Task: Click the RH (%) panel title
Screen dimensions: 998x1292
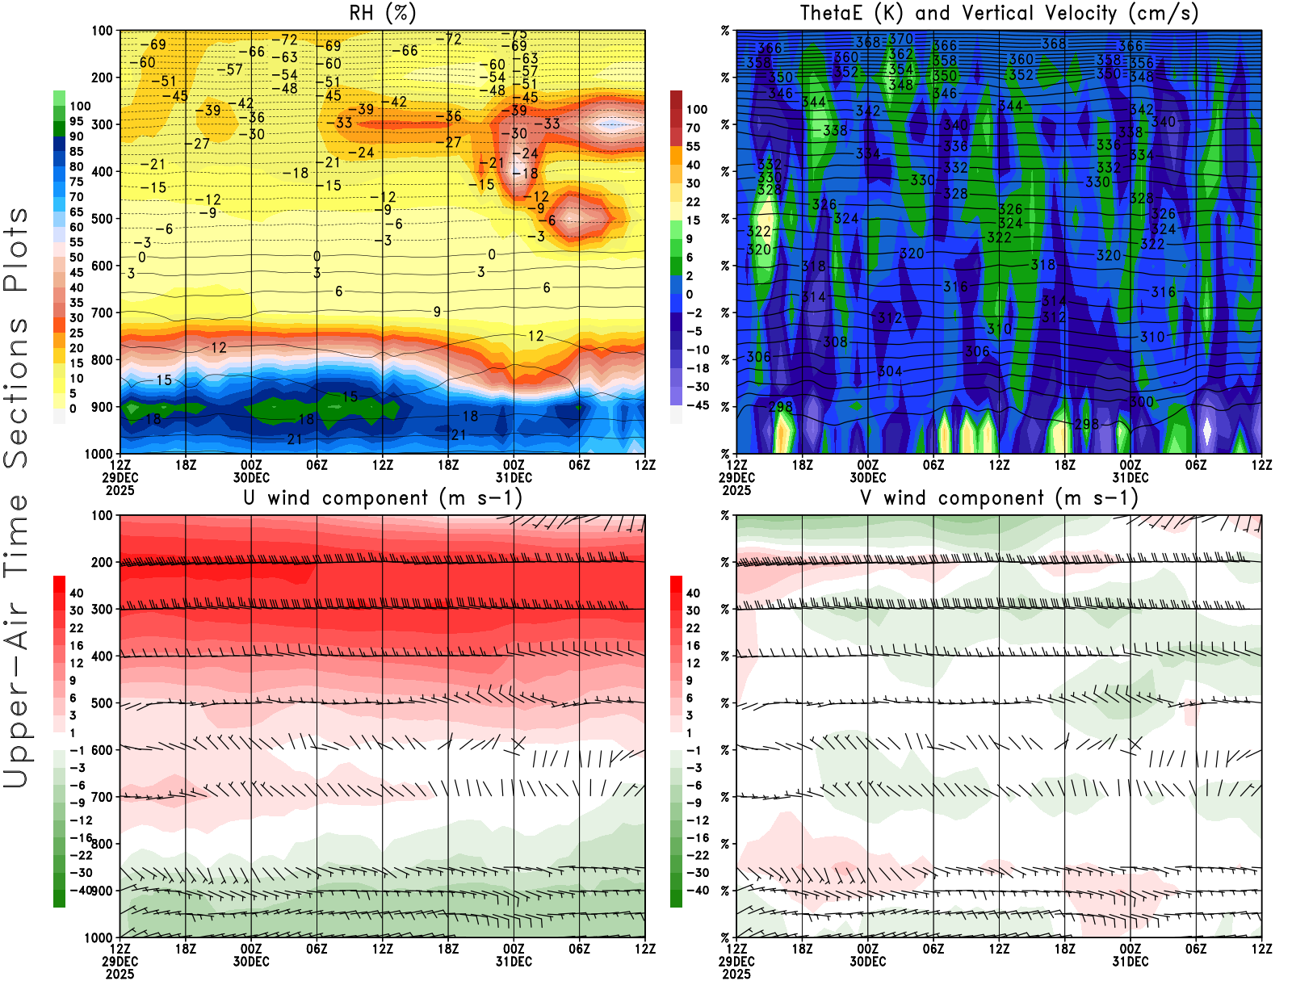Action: (383, 14)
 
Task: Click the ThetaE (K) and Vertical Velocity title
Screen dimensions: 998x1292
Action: (999, 14)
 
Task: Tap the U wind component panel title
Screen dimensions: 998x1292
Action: (383, 497)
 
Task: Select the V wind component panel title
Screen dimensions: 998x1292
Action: (999, 497)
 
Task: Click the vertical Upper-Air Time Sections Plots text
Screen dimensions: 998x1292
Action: (16, 497)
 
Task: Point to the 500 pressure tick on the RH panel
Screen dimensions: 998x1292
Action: (103, 219)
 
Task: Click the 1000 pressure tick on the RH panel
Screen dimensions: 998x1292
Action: (99, 454)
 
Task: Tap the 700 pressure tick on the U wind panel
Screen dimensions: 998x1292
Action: (103, 797)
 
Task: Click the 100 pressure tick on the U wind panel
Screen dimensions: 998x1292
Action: (103, 515)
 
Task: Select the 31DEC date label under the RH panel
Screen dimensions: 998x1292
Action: (514, 477)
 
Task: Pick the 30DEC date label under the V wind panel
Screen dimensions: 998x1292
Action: (867, 962)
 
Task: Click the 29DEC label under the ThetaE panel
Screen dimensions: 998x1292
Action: (736, 477)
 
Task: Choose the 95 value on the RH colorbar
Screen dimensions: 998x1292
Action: (77, 121)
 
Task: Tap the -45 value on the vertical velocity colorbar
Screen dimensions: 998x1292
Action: (697, 405)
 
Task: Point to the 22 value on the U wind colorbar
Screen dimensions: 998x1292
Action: (77, 628)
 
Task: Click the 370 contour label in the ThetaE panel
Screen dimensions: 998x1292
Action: (900, 39)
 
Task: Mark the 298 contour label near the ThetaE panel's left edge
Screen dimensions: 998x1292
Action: (781, 407)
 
